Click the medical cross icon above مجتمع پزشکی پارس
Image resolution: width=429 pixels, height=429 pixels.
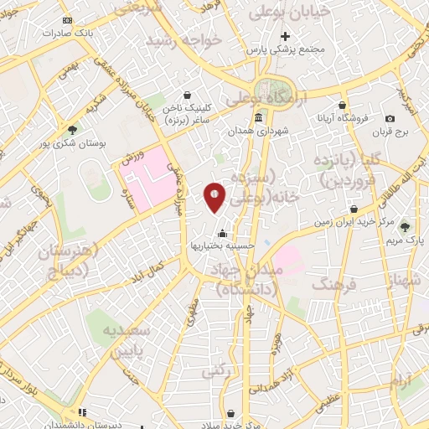point(286,36)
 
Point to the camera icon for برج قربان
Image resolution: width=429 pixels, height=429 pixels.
point(390,120)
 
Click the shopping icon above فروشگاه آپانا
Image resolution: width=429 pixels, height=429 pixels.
point(342,106)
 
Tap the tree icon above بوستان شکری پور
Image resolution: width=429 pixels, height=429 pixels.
point(72,130)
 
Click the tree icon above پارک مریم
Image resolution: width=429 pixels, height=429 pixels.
point(406,226)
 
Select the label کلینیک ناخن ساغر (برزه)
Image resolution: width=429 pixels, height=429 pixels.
point(198,115)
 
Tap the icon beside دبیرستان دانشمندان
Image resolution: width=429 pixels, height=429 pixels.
point(81,412)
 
